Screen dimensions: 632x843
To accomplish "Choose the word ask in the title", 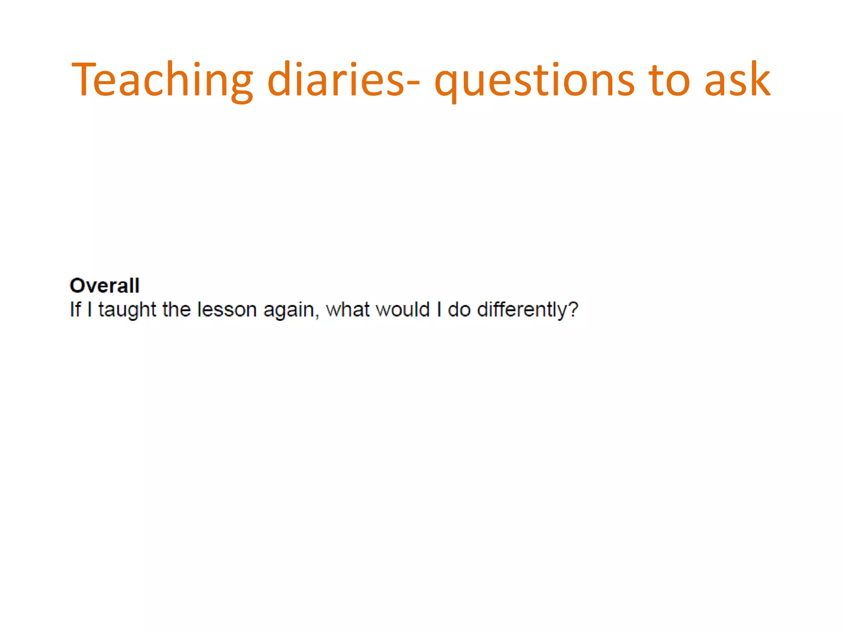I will pyautogui.click(x=737, y=80).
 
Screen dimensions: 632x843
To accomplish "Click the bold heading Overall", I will pyautogui.click(x=105, y=286).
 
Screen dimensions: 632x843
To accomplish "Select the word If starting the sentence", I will pyautogui.click(x=75, y=309).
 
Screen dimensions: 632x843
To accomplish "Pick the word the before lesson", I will pyautogui.click(x=177, y=309).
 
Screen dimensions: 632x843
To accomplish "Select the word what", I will pyautogui.click(x=347, y=309).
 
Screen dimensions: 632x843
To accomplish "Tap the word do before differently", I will pyautogui.click(x=459, y=309).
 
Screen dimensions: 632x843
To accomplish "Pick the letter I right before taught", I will pyautogui.click(x=90, y=309).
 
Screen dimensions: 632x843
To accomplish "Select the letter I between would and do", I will pyautogui.click(x=439, y=309).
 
